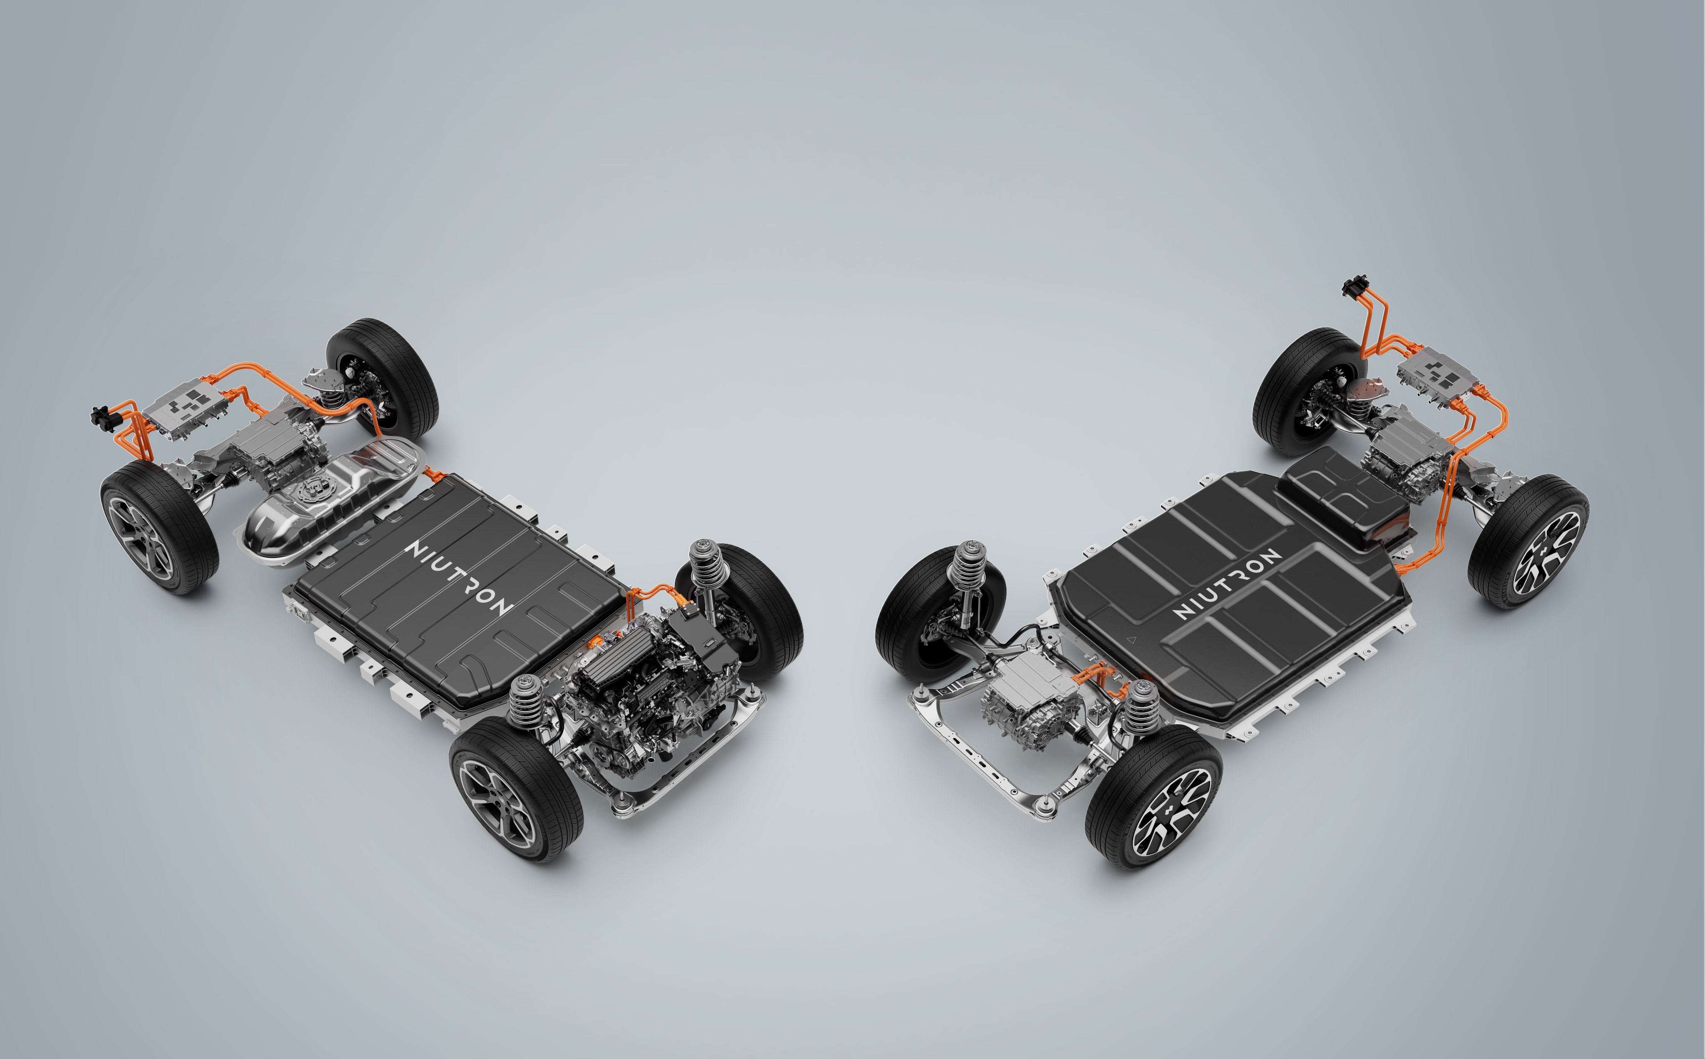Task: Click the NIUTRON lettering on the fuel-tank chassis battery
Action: [x=459, y=578]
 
